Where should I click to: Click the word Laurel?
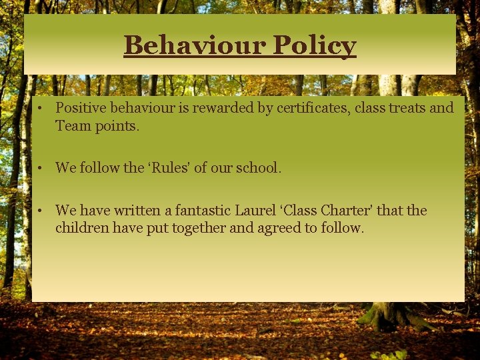[x=253, y=211]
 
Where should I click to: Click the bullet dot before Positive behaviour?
[x=41, y=109]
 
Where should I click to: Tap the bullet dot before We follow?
[x=41, y=169]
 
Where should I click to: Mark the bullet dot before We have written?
[x=41, y=211]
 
